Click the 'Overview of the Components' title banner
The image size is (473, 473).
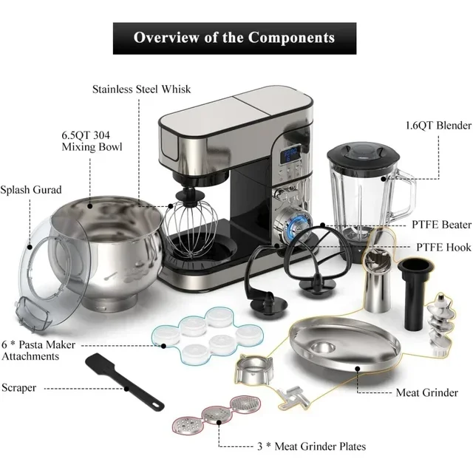(x=234, y=38)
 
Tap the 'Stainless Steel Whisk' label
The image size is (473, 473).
(x=141, y=89)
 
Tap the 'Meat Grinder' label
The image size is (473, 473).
(x=426, y=392)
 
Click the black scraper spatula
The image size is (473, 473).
(x=121, y=380)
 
